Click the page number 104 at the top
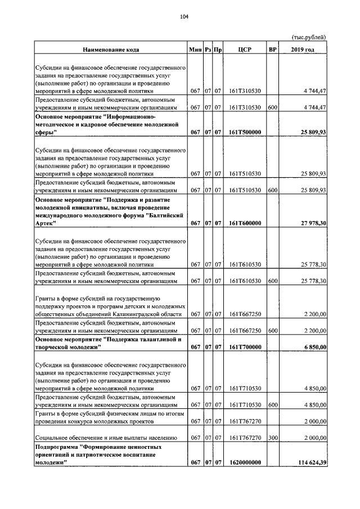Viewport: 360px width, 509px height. tap(184, 16)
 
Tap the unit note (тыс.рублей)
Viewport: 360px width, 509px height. tap(309, 37)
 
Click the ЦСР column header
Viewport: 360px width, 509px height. tap(245, 50)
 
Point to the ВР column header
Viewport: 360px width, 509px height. tap(273, 50)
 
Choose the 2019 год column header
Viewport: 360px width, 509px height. tap(303, 50)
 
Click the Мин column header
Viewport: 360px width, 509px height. tap(195, 50)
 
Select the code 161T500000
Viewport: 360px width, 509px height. tap(245, 132)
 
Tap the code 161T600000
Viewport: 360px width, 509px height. tap(245, 223)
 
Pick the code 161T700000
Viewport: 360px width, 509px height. tap(245, 347)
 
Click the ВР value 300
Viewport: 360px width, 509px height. tap(273, 436)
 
